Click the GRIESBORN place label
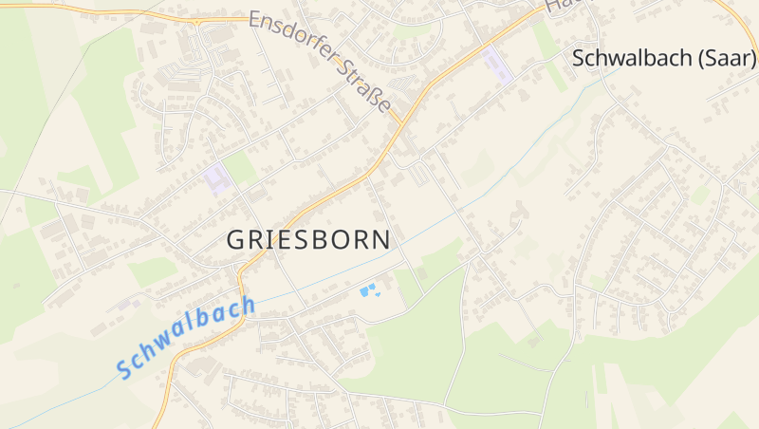click(308, 240)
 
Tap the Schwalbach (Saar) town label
click(664, 58)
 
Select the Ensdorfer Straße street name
click(321, 62)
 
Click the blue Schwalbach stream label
click(187, 336)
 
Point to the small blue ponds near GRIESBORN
click(369, 289)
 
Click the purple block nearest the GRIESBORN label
click(218, 178)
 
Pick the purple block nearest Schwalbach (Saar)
click(496, 65)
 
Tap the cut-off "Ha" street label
click(562, 6)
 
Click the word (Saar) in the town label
click(727, 58)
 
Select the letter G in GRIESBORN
click(236, 241)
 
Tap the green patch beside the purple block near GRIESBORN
click(240, 168)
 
